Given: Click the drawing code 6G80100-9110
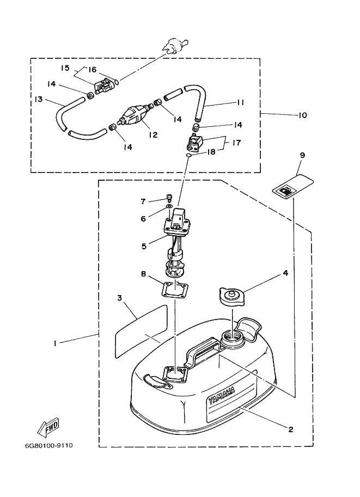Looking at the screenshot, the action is click(49, 445).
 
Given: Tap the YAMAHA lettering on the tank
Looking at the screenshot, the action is click(222, 396).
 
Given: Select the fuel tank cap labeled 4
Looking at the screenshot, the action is click(231, 296).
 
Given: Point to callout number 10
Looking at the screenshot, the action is click(303, 115).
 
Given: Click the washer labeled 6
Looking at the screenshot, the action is click(169, 207).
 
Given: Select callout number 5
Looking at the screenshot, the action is click(144, 246).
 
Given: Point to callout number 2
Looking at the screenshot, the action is click(291, 429).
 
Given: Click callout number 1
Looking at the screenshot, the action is click(55, 343).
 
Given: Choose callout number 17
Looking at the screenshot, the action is click(236, 143).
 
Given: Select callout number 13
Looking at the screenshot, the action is click(38, 99).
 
